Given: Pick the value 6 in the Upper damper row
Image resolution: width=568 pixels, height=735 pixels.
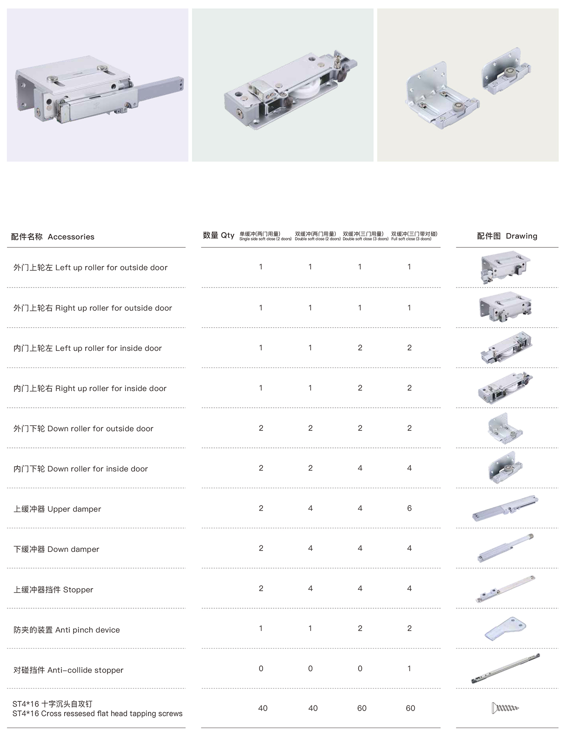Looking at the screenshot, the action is pos(409,508).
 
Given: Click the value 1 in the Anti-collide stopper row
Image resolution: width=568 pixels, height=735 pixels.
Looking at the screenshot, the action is pos(409,669).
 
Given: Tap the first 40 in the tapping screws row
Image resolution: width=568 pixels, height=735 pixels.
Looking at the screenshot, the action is pos(263,708).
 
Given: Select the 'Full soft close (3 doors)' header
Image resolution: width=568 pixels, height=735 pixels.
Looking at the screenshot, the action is pos(411,239).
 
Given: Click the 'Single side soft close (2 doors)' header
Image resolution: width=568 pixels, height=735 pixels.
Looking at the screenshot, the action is pos(265,239).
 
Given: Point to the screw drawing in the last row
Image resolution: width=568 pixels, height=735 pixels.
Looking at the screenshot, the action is pos(506,707).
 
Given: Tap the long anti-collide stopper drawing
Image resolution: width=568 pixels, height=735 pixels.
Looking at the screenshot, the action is pos(506,669).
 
